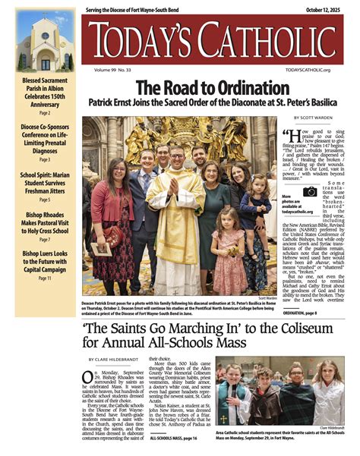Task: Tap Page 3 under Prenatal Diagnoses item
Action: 45,160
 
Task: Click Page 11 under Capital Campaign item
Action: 45,278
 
